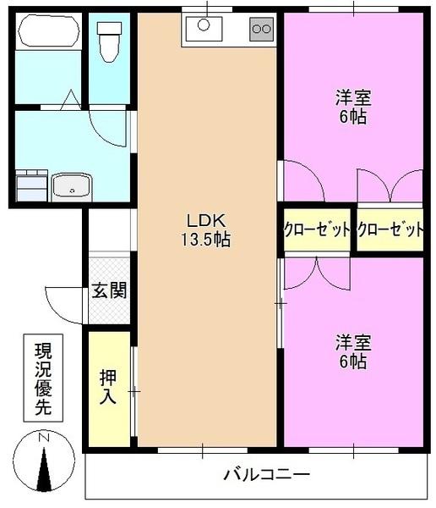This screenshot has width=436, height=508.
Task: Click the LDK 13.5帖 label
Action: pos(204,229)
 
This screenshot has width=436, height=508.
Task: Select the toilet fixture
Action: pos(110,40)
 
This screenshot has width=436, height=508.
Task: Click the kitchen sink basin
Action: pos(204,30)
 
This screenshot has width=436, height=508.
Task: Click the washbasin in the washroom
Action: pos(71,184)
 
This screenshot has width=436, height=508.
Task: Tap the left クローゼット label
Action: pos(317,230)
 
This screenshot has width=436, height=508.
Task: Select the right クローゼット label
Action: pos(390,230)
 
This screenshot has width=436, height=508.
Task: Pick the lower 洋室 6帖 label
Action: pos(351,351)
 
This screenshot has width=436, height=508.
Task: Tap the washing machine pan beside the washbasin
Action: pos(32,184)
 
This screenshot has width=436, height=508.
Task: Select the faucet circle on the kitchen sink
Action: pos(204,25)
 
